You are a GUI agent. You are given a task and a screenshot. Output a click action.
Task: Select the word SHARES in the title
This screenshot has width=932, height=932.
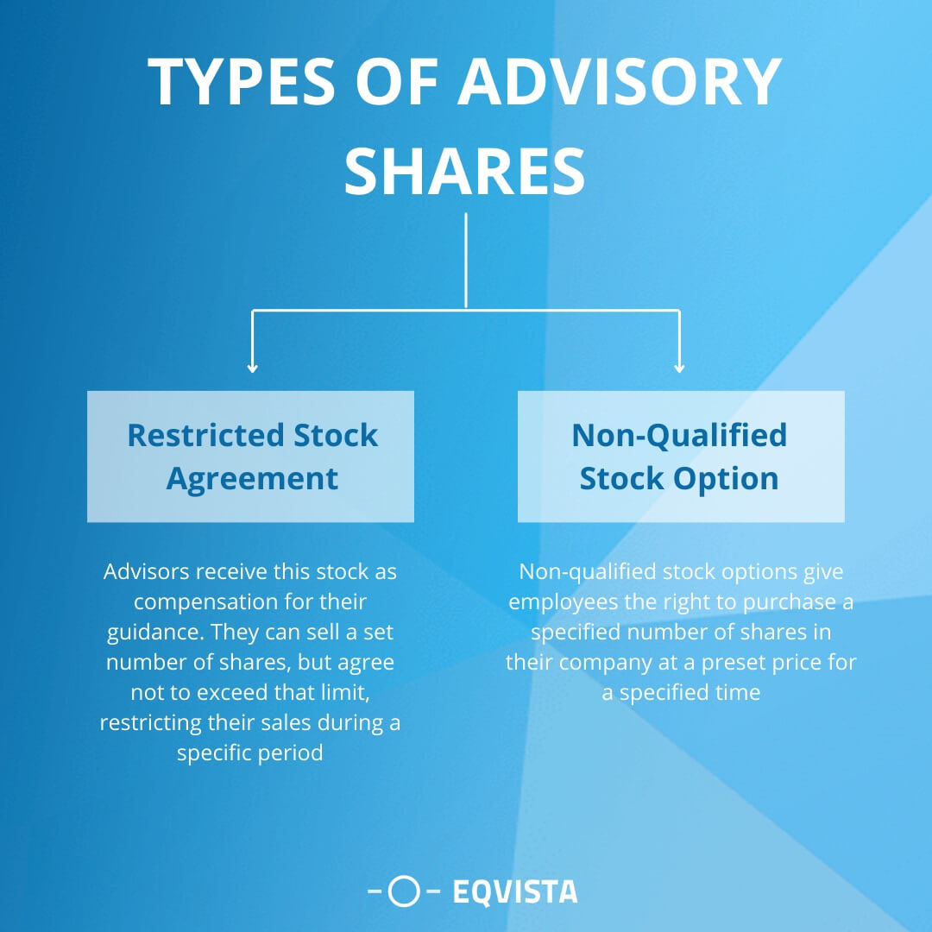(465, 170)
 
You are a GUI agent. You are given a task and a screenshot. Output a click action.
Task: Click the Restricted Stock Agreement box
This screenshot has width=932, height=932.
(250, 457)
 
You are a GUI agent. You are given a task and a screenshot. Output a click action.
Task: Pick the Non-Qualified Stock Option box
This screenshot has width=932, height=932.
(681, 457)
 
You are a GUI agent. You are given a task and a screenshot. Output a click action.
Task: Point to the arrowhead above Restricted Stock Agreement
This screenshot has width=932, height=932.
(252, 368)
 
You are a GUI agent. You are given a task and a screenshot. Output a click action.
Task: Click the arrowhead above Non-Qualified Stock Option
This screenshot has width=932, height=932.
(679, 368)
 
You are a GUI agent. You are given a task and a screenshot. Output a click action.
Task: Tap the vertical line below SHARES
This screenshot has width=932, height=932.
(466, 259)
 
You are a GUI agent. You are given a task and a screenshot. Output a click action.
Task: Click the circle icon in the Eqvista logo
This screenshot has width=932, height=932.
(403, 891)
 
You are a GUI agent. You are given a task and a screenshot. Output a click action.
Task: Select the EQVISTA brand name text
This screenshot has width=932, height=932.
(515, 891)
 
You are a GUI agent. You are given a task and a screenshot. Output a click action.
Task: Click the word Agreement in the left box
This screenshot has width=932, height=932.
(252, 478)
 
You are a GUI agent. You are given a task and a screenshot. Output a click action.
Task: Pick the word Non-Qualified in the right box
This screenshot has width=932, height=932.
(679, 435)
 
